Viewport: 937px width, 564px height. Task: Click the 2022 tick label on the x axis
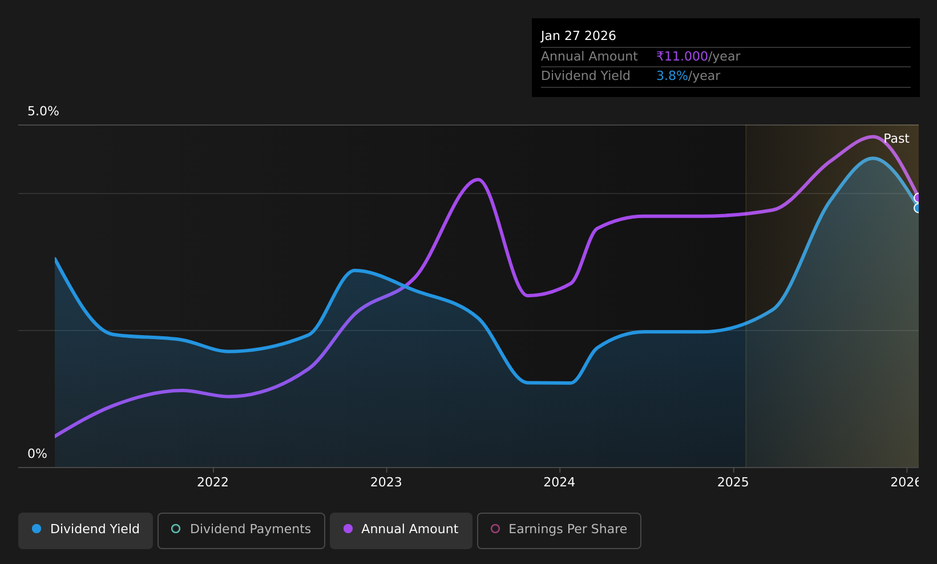[212, 482]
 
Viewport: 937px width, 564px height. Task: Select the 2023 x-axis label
[386, 482]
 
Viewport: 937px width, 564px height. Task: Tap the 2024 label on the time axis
[559, 482]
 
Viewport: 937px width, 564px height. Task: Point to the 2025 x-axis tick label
[733, 482]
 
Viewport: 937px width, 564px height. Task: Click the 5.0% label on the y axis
[43, 111]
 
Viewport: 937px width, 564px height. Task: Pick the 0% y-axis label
[37, 454]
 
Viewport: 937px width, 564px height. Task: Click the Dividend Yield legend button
[86, 530]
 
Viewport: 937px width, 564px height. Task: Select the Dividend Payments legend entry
[241, 530]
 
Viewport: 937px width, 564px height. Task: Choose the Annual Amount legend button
[401, 530]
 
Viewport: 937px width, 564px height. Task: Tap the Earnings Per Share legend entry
[559, 530]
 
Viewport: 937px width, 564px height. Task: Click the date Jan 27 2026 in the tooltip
[578, 36]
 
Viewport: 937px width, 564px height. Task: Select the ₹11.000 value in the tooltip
[682, 57]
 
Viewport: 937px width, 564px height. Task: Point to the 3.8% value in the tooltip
[672, 76]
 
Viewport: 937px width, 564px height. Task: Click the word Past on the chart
[896, 139]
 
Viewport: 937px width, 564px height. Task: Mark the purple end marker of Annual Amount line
[918, 198]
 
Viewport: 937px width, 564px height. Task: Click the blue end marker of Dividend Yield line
[918, 208]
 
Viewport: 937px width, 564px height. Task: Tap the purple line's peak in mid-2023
[478, 179]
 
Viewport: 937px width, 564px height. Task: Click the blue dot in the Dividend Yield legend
[37, 529]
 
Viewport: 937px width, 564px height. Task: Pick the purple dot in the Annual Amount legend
[348, 529]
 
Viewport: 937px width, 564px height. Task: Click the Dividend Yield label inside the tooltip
[585, 76]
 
